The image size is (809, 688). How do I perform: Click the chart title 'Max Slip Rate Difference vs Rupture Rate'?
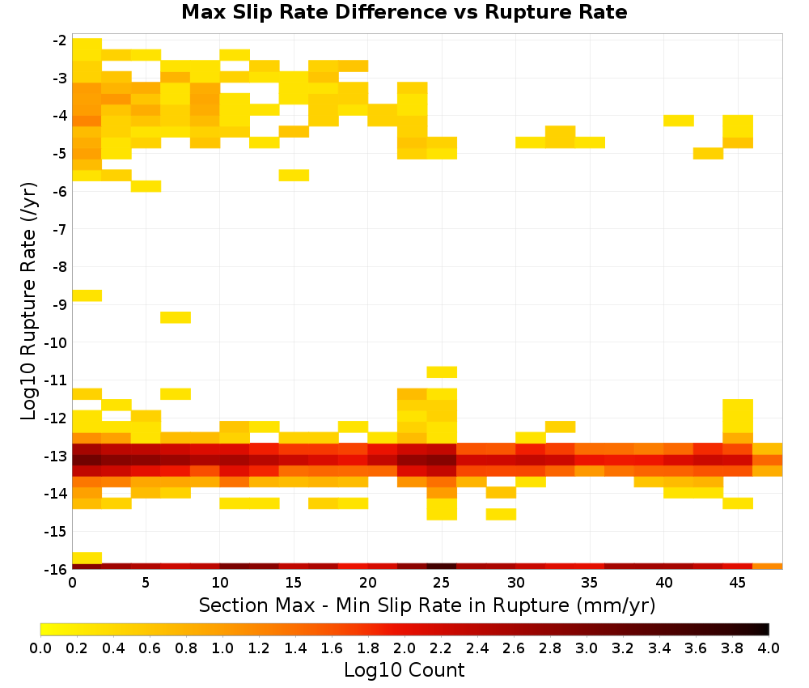point(404,12)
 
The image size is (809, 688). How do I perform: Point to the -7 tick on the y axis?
point(60,229)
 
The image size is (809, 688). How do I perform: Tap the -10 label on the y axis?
point(57,342)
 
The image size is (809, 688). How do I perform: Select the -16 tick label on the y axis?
point(57,569)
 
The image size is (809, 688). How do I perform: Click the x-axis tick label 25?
point(441,583)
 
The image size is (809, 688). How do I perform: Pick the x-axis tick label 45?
point(737,583)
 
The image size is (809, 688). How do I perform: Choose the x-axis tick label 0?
point(72,583)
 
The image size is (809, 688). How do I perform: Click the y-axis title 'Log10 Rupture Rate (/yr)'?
point(28,301)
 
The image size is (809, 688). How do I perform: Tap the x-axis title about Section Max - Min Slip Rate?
point(427,605)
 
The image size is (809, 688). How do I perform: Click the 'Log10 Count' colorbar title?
point(404,670)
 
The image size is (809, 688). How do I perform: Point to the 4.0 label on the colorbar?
point(769,648)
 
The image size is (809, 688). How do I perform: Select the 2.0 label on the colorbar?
point(404,648)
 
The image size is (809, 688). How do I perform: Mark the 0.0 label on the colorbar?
point(40,648)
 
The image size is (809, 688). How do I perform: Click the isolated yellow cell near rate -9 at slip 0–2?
point(87,295)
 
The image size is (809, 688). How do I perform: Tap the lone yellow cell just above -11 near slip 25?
point(442,372)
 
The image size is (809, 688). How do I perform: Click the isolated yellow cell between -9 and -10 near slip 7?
point(176,317)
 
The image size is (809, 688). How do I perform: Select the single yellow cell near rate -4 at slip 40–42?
point(679,121)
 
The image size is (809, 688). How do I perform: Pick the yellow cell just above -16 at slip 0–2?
point(87,558)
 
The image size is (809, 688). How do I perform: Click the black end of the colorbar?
point(765,629)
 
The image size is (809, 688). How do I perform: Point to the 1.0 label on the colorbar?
point(222,648)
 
